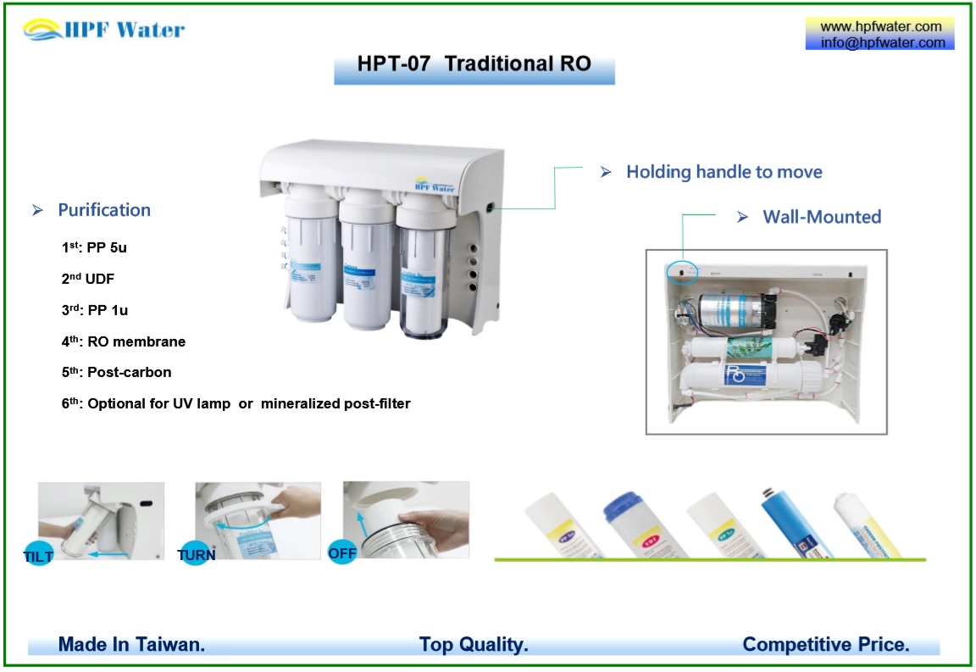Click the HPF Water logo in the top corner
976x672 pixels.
pos(104,31)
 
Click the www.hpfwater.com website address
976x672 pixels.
pos(881,26)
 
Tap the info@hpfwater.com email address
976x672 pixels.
pos(881,42)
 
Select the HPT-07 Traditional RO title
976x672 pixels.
pos(474,64)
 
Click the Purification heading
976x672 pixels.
pos(103,210)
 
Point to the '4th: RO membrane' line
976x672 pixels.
pos(123,342)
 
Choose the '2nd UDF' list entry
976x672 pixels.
pos(88,278)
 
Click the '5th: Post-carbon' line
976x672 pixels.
pos(116,373)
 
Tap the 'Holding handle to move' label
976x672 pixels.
pos(724,172)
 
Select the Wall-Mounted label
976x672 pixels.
pos(821,217)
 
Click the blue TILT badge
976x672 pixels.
pos(39,556)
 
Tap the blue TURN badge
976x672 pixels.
pos(196,555)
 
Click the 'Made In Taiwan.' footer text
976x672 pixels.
pos(131,645)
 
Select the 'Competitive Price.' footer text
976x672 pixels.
pos(825,645)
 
